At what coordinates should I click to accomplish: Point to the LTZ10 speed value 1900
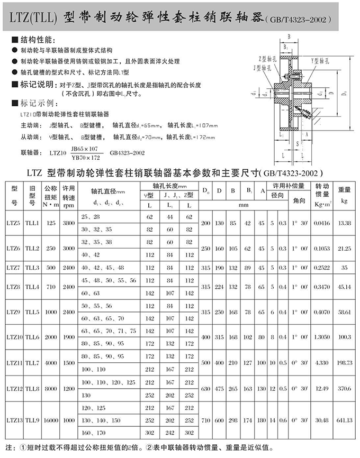[69, 336]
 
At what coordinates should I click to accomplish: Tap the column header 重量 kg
[344, 194]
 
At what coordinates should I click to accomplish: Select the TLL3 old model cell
[33, 268]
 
